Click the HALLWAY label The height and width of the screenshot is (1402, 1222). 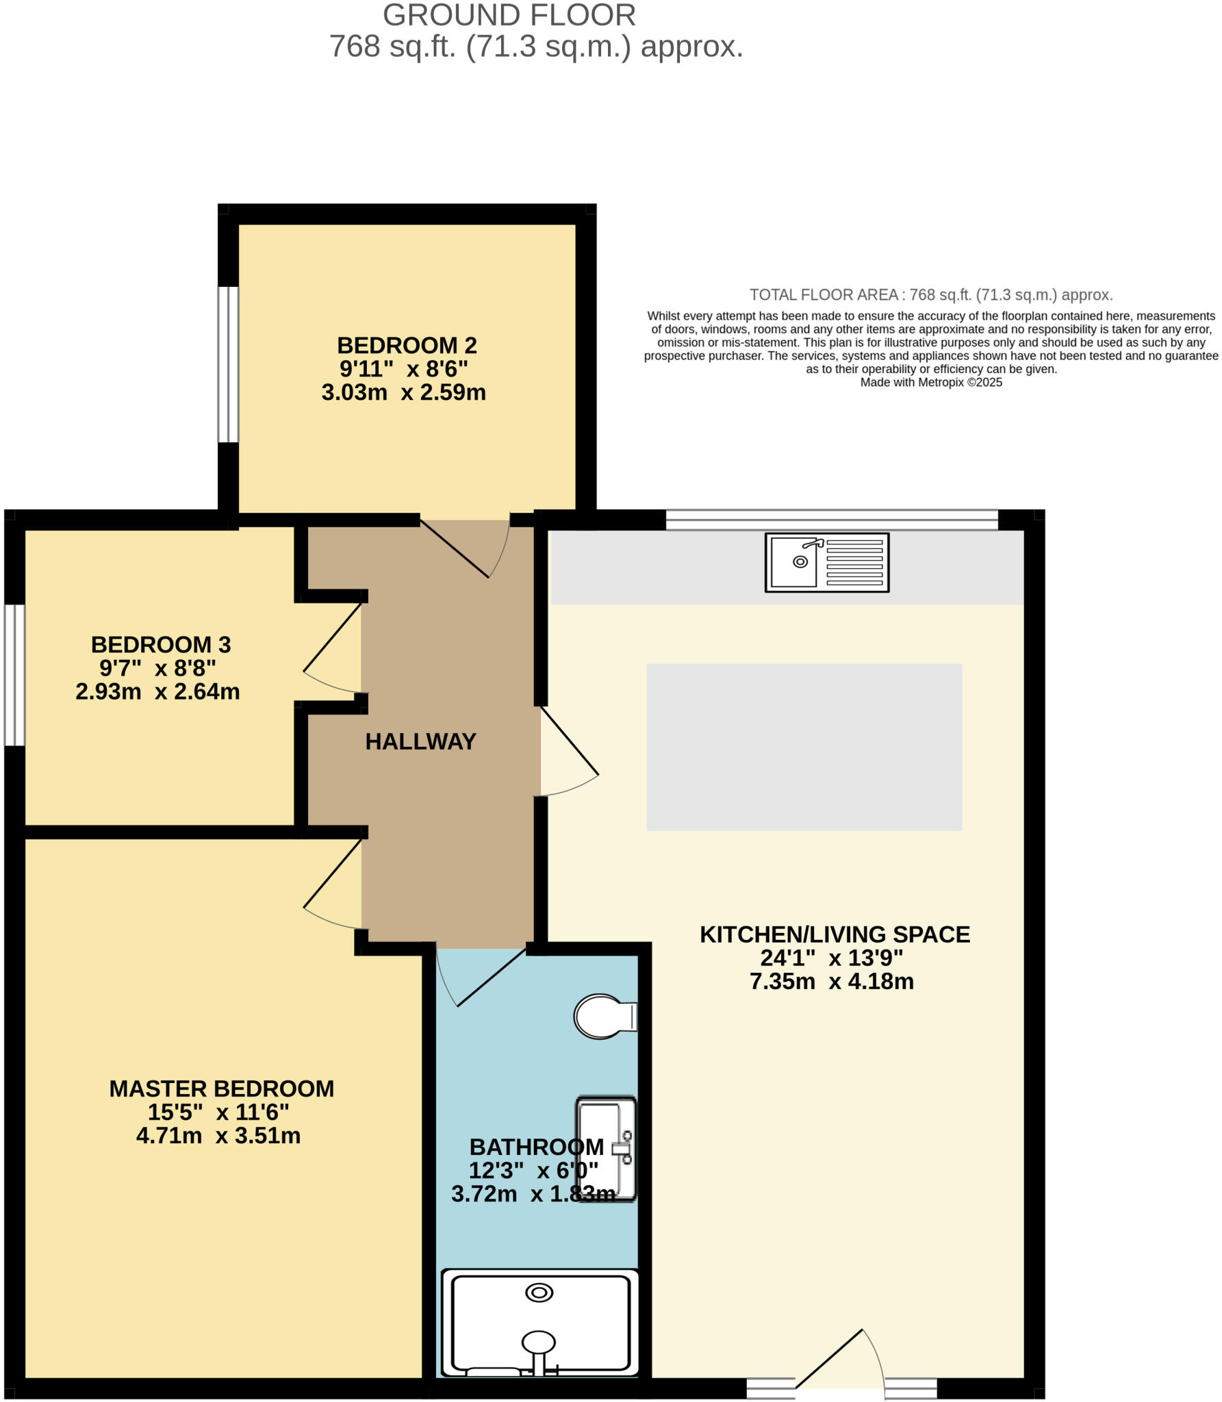click(x=420, y=741)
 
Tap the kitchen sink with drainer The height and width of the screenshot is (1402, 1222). click(x=826, y=562)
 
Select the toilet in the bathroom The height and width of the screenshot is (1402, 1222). click(x=604, y=1016)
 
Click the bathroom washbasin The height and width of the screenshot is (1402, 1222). click(x=607, y=1149)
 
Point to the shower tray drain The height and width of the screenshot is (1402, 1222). click(x=539, y=1292)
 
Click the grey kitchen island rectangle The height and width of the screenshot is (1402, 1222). click(x=804, y=747)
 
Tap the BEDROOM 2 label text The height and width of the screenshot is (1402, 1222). click(x=407, y=345)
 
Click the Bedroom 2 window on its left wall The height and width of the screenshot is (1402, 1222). click(x=228, y=364)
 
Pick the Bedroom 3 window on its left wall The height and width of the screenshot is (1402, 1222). click(x=14, y=675)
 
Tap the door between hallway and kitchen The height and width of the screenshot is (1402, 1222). click(x=568, y=753)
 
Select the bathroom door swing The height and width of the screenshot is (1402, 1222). click(x=479, y=979)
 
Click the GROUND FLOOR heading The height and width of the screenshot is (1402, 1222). click(x=509, y=15)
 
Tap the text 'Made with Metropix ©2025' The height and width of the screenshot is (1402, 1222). click(x=930, y=383)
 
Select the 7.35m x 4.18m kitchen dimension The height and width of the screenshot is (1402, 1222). click(x=831, y=982)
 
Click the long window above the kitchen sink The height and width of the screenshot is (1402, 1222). click(x=832, y=520)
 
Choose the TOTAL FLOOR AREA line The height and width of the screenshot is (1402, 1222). click(x=930, y=295)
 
